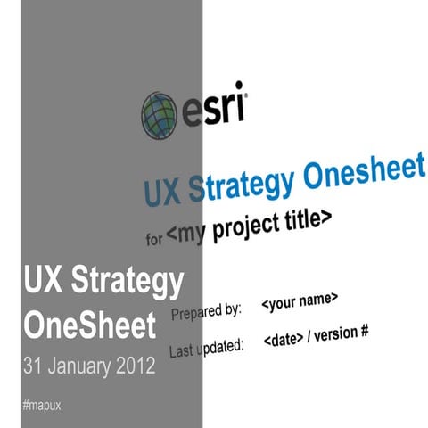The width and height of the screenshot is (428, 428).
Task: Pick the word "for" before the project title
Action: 154,239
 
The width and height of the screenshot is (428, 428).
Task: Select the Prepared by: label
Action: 206,313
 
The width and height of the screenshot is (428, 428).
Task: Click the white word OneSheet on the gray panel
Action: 89,326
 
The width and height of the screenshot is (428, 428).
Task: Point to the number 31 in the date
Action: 34,366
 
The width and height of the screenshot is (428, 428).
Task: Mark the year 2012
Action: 136,366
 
